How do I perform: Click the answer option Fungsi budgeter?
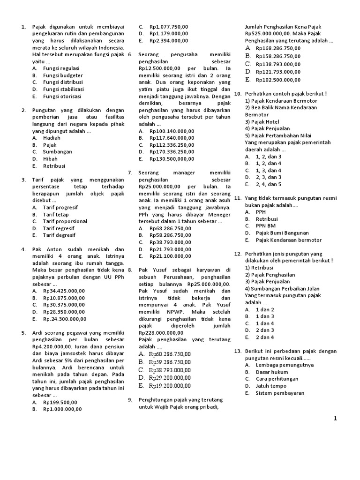(63, 75)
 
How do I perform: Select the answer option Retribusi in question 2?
(54, 166)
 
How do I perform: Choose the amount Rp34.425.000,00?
(64, 291)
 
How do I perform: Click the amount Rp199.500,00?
(60, 402)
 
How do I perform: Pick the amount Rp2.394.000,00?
(169, 41)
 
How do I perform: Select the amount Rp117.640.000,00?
(172, 138)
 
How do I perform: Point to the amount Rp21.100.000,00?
(170, 256)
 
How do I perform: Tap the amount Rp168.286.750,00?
(278, 48)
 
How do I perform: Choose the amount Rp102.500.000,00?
(278, 80)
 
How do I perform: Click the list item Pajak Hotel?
(265, 121)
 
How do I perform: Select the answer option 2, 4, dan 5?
(269, 184)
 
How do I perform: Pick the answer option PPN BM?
(266, 226)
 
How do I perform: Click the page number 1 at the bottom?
(335, 419)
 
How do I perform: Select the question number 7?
(130, 173)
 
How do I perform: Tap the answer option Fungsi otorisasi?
(62, 96)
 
